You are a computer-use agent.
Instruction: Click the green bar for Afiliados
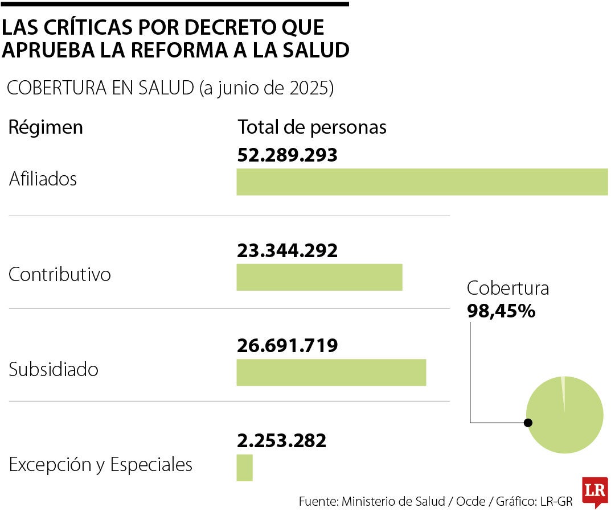tap(422, 182)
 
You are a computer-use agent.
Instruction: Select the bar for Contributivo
tap(319, 277)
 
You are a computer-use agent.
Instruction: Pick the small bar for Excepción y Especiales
tap(244, 467)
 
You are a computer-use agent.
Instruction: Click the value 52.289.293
tap(287, 155)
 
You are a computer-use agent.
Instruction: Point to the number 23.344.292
tap(287, 250)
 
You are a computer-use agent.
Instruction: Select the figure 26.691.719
tap(287, 345)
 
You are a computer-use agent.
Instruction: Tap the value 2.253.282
tap(281, 440)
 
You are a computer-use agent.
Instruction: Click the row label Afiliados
tap(43, 179)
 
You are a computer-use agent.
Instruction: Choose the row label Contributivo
tap(60, 275)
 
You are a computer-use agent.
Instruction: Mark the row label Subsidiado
tap(54, 370)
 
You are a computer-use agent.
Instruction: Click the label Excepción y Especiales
tap(101, 465)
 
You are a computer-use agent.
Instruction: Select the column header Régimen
tap(46, 127)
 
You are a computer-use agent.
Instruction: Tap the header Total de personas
tap(312, 127)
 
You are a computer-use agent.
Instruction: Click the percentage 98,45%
tap(501, 311)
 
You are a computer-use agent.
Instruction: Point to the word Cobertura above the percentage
tap(508, 288)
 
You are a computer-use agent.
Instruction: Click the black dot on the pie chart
tap(528, 422)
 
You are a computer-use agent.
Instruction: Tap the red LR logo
tap(594, 491)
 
